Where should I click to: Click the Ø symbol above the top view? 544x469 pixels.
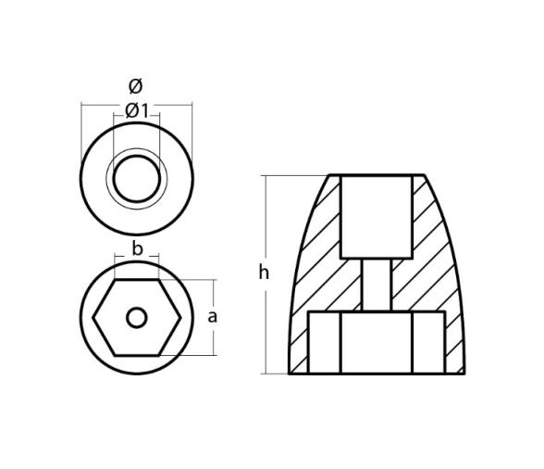136,86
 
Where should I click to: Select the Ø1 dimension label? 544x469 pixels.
137,111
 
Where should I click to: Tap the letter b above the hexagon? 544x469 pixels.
137,248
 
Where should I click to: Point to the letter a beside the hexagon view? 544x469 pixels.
212,316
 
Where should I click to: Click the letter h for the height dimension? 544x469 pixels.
264,273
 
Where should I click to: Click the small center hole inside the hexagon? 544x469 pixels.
137,318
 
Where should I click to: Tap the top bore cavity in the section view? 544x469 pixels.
376,216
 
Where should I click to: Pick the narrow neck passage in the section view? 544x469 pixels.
376,285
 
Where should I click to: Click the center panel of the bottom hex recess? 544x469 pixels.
376,342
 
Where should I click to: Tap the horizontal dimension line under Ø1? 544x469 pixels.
137,120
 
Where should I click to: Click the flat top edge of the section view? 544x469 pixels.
376,175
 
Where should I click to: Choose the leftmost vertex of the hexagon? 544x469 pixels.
94,318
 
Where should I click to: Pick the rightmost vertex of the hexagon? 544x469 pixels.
179,318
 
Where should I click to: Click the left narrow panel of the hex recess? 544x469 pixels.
324,342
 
